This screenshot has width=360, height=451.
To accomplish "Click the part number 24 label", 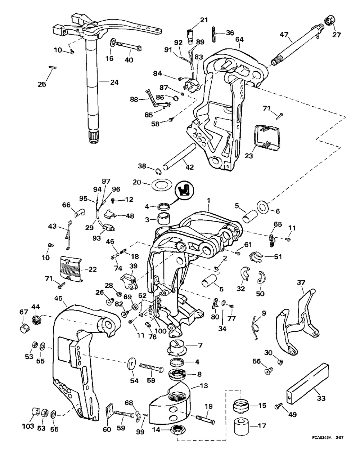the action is [114, 82].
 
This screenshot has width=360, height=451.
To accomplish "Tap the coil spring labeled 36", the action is [214, 34].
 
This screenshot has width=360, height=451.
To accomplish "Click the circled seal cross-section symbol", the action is [185, 190].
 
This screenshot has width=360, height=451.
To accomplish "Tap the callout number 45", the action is [58, 298].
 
